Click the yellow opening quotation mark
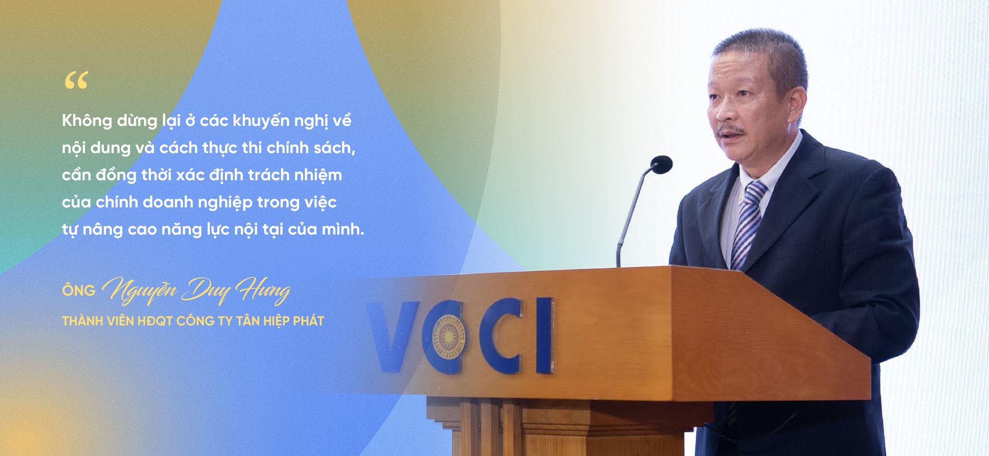pos(76,80)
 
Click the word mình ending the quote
pos(343,229)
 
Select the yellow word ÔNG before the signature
pos(79,291)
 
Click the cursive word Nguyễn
pos(139,290)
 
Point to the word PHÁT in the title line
pos(309,321)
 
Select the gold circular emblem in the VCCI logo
pos(448,337)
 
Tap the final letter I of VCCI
pos(544,335)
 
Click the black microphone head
pos(661,164)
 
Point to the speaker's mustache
pos(730,131)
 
